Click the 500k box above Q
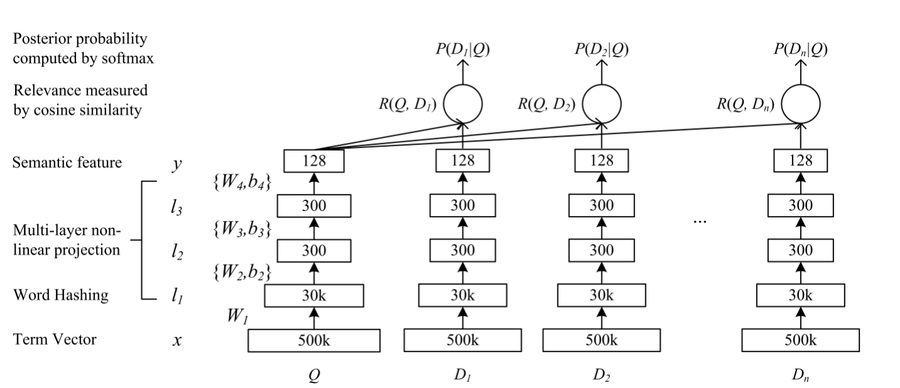[314, 340]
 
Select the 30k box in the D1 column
[462, 295]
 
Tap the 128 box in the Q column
[314, 161]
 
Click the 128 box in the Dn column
[800, 161]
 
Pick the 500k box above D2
[601, 340]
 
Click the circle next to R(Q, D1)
[463, 104]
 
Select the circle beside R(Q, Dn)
[800, 104]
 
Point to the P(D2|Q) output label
[601, 49]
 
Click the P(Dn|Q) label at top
[800, 49]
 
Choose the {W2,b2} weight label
[242, 272]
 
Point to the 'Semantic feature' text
[67, 162]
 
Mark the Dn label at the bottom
[800, 377]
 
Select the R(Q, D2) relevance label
[545, 104]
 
